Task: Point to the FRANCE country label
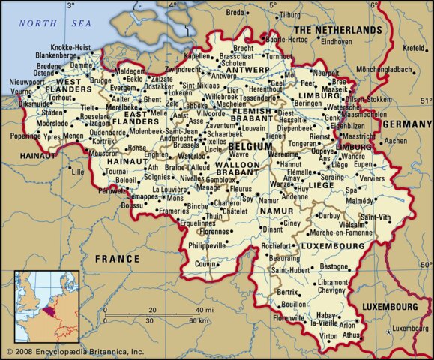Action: pos(117,259)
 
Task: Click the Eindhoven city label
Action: pos(336,43)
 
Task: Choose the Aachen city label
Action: pos(395,140)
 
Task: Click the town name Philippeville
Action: pos(205,244)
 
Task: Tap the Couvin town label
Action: pos(195,264)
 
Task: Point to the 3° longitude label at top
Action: pos(71,5)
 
